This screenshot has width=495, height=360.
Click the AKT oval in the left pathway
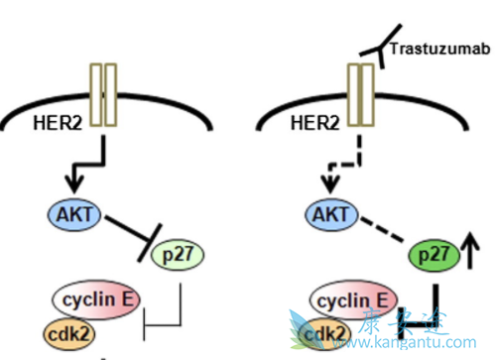(x=67, y=213)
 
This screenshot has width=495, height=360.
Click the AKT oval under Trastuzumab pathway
(x=333, y=214)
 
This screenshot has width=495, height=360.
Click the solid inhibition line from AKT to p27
(x=124, y=227)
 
